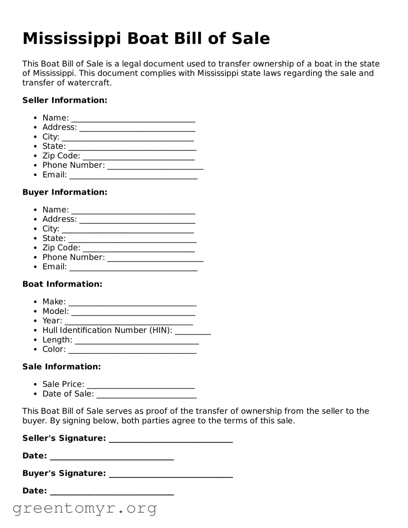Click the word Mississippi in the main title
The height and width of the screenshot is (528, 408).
72,39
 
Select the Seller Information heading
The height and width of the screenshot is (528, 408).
65,100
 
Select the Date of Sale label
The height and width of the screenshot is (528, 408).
68,394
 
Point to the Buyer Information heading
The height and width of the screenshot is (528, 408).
65,192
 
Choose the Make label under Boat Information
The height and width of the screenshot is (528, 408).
54,302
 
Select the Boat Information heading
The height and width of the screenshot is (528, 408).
62,284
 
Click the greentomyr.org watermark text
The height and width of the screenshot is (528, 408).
84,508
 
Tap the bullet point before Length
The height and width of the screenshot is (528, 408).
35,340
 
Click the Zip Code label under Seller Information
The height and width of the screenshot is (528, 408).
61,156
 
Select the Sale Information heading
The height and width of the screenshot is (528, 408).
62,367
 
